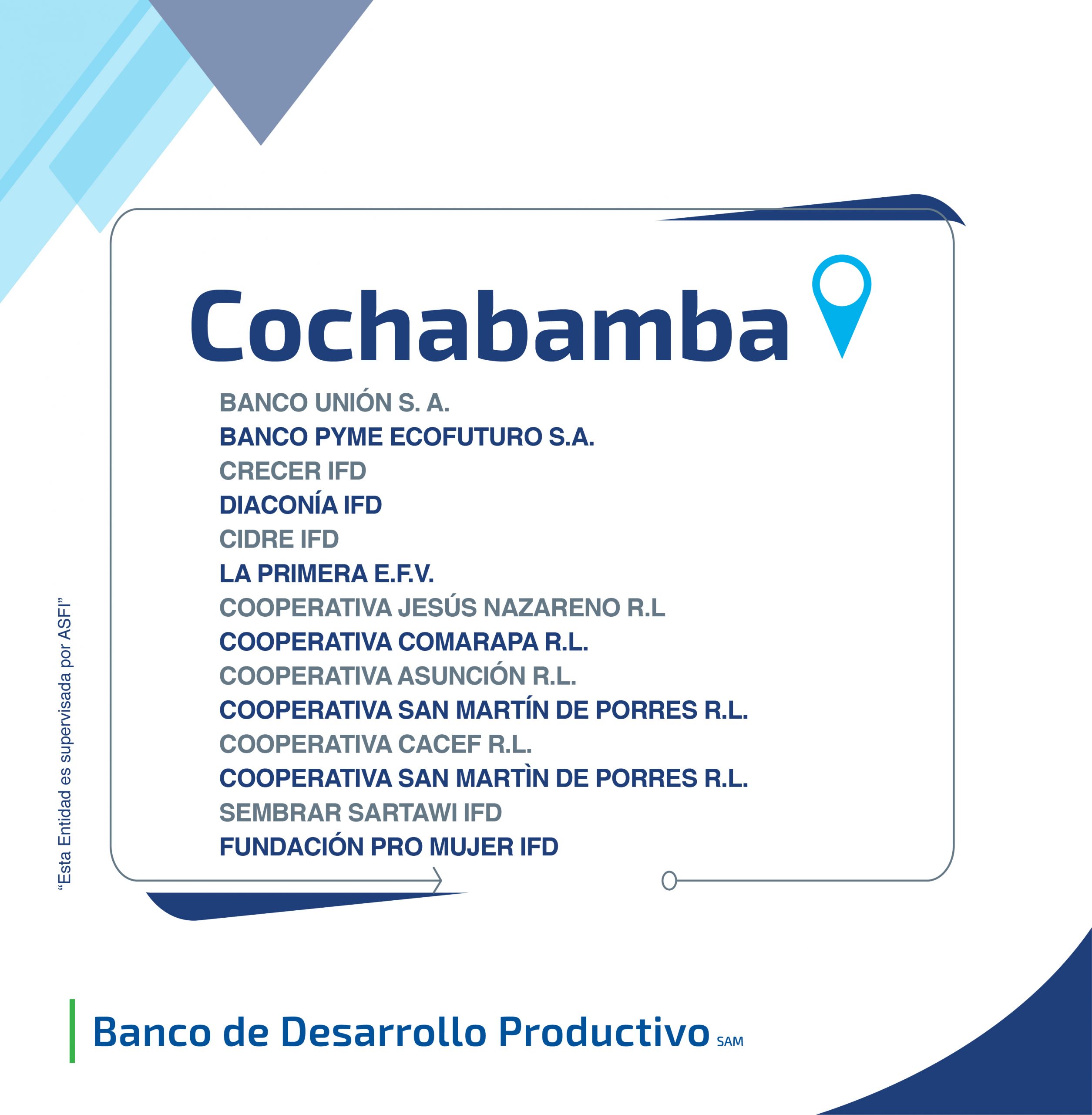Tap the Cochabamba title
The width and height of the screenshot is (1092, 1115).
489,325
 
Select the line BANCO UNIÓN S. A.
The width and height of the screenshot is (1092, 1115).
334,403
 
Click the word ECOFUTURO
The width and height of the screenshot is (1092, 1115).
466,437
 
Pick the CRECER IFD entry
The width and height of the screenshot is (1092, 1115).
292,471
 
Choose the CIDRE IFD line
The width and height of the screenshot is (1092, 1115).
279,539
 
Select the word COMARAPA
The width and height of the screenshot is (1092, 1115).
468,642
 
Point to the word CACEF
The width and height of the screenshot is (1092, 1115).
439,744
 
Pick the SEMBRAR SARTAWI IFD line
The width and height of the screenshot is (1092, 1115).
360,813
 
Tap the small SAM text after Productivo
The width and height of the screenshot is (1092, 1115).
729,1041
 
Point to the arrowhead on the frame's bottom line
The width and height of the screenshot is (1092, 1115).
437,880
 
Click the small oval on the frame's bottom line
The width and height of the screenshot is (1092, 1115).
669,880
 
